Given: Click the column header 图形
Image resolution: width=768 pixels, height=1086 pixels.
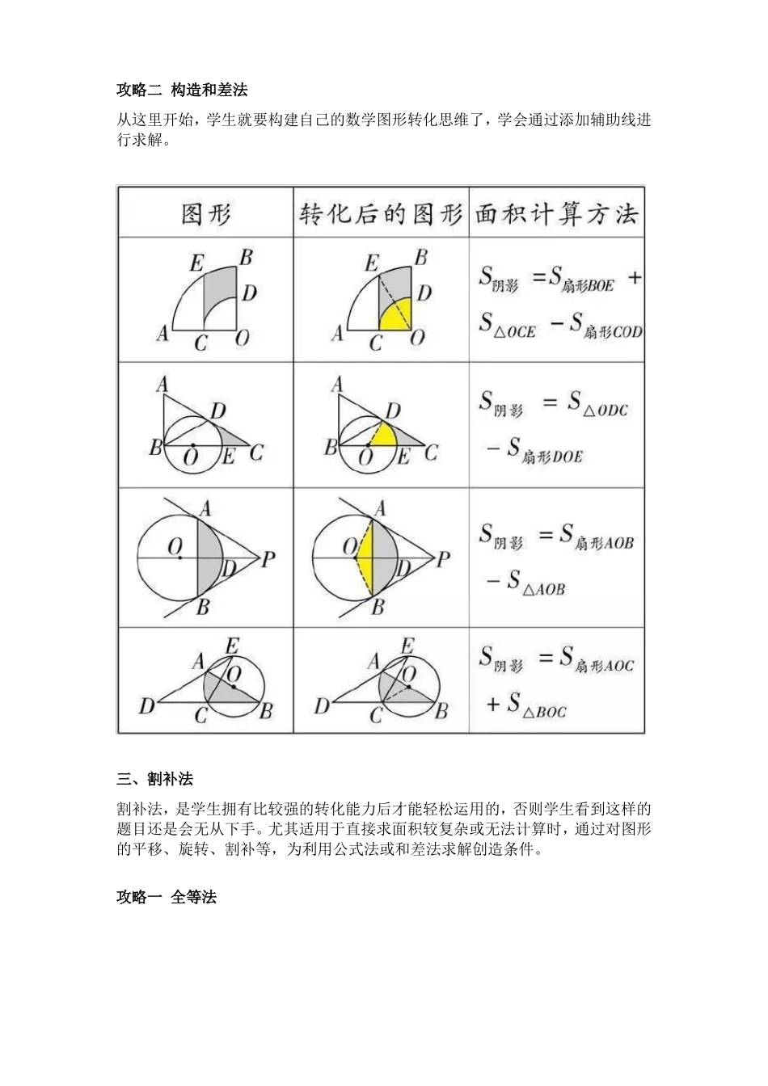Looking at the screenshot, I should (206, 213).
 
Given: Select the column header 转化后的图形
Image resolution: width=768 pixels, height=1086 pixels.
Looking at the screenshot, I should (381, 213).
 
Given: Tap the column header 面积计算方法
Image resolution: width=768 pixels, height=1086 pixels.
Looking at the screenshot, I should (556, 213).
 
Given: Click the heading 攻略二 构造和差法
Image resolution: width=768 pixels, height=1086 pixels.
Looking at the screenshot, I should (182, 89).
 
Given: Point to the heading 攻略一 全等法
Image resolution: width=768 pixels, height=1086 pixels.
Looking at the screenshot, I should (167, 897).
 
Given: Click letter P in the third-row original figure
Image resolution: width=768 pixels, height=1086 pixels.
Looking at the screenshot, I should (268, 558).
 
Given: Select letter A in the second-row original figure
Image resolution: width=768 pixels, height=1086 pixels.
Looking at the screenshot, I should (162, 385).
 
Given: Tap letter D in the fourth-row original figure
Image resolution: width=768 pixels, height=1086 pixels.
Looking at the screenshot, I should (146, 705).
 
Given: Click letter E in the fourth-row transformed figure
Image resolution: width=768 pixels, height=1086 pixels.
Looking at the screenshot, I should (407, 645).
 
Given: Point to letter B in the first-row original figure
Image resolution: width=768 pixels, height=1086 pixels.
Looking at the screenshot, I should (247, 257).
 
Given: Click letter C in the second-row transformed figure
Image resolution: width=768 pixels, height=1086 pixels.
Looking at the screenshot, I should (431, 452).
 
